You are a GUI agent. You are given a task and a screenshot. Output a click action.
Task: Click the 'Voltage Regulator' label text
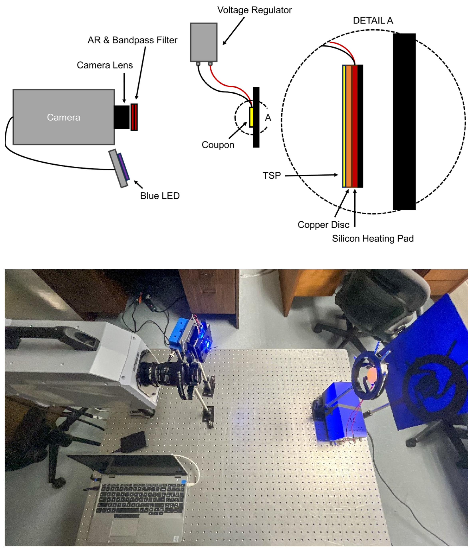(x=254, y=10)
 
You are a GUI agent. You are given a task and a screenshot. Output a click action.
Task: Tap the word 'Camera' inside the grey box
(x=63, y=117)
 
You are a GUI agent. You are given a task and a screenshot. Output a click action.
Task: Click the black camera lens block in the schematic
(x=122, y=117)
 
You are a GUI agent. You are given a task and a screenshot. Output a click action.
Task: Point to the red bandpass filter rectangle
(x=134, y=117)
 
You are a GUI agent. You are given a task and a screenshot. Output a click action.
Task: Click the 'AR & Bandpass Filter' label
(x=133, y=40)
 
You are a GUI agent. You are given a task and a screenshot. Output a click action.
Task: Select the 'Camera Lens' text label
(x=105, y=65)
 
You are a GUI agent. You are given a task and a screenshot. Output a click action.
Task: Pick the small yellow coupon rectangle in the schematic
(x=251, y=117)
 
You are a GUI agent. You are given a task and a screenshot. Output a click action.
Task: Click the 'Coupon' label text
(x=218, y=145)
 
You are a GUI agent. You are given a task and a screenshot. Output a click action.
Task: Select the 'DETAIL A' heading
(x=373, y=21)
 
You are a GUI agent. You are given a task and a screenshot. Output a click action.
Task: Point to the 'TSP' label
(x=272, y=175)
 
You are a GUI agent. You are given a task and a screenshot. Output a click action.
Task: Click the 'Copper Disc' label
(x=323, y=225)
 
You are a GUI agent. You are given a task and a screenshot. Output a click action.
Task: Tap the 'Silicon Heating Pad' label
(x=373, y=239)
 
